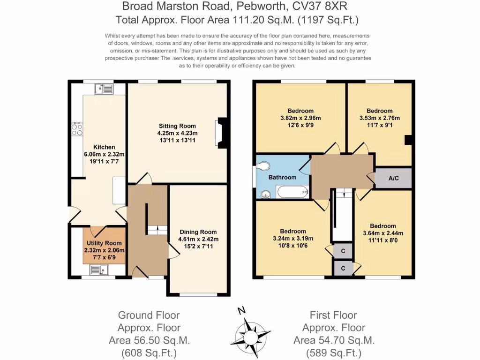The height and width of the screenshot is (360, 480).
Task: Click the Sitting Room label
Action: (177, 126)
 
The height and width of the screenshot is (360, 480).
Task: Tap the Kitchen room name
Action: (104, 147)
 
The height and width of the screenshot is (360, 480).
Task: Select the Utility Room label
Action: (104, 243)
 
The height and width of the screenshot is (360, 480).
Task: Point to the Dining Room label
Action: (198, 232)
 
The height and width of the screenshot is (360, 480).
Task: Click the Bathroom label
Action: (282, 177)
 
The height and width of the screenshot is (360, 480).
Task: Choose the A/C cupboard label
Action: (394, 178)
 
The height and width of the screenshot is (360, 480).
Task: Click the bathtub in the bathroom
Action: (292, 192)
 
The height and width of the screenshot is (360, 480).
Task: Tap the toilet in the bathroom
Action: (263, 166)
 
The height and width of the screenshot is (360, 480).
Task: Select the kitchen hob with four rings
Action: (77, 129)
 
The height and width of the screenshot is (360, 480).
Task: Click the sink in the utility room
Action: (99, 270)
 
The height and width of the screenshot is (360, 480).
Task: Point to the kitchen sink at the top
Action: (104, 89)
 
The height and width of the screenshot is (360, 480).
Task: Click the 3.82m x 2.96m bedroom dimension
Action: (300, 118)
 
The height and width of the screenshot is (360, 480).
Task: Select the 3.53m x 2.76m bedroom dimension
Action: (380, 118)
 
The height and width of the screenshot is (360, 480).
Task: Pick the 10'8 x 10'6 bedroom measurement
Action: (293, 246)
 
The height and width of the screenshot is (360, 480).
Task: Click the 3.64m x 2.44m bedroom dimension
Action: (383, 233)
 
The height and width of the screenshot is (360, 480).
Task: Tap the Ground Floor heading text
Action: (149, 315)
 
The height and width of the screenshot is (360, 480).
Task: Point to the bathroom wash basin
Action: (266, 194)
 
